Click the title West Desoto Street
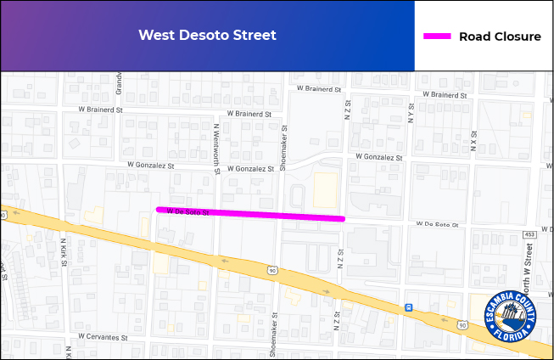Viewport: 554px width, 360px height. pos(207,36)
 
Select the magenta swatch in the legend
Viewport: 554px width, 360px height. pos(436,37)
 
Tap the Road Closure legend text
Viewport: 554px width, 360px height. pos(500,37)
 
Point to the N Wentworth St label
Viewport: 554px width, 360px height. pos(217,149)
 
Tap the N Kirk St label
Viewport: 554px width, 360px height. pos(64,252)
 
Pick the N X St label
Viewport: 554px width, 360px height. pos(473,139)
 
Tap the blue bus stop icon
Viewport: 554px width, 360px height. pos(409,307)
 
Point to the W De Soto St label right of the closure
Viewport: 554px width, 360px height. pos(437,226)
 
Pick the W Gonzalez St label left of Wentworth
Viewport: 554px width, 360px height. pos(150,165)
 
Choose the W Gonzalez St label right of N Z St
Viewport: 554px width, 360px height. pos(379,157)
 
